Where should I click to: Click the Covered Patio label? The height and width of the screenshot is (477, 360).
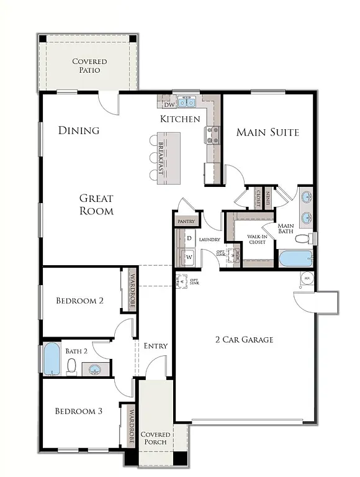[89, 65]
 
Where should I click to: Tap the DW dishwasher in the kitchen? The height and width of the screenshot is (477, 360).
[169, 104]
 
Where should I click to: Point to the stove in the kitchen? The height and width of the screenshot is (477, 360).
[212, 135]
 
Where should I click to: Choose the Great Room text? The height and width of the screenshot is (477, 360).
[96, 204]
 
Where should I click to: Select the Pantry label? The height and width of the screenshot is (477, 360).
[186, 221]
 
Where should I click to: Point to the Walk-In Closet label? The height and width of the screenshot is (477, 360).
[256, 238]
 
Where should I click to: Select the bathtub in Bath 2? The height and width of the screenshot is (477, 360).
[52, 359]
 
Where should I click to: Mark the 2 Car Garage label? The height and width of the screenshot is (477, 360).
[244, 340]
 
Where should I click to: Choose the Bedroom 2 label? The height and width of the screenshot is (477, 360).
[79, 301]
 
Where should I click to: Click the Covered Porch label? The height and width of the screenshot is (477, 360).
[155, 438]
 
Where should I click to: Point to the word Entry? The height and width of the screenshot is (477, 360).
[155, 346]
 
